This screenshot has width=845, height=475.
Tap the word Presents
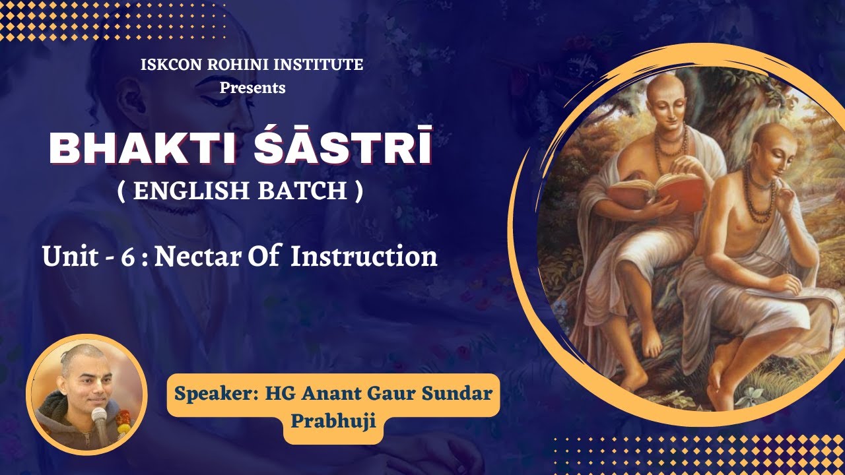coord(252,87)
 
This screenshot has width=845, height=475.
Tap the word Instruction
coord(364,256)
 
